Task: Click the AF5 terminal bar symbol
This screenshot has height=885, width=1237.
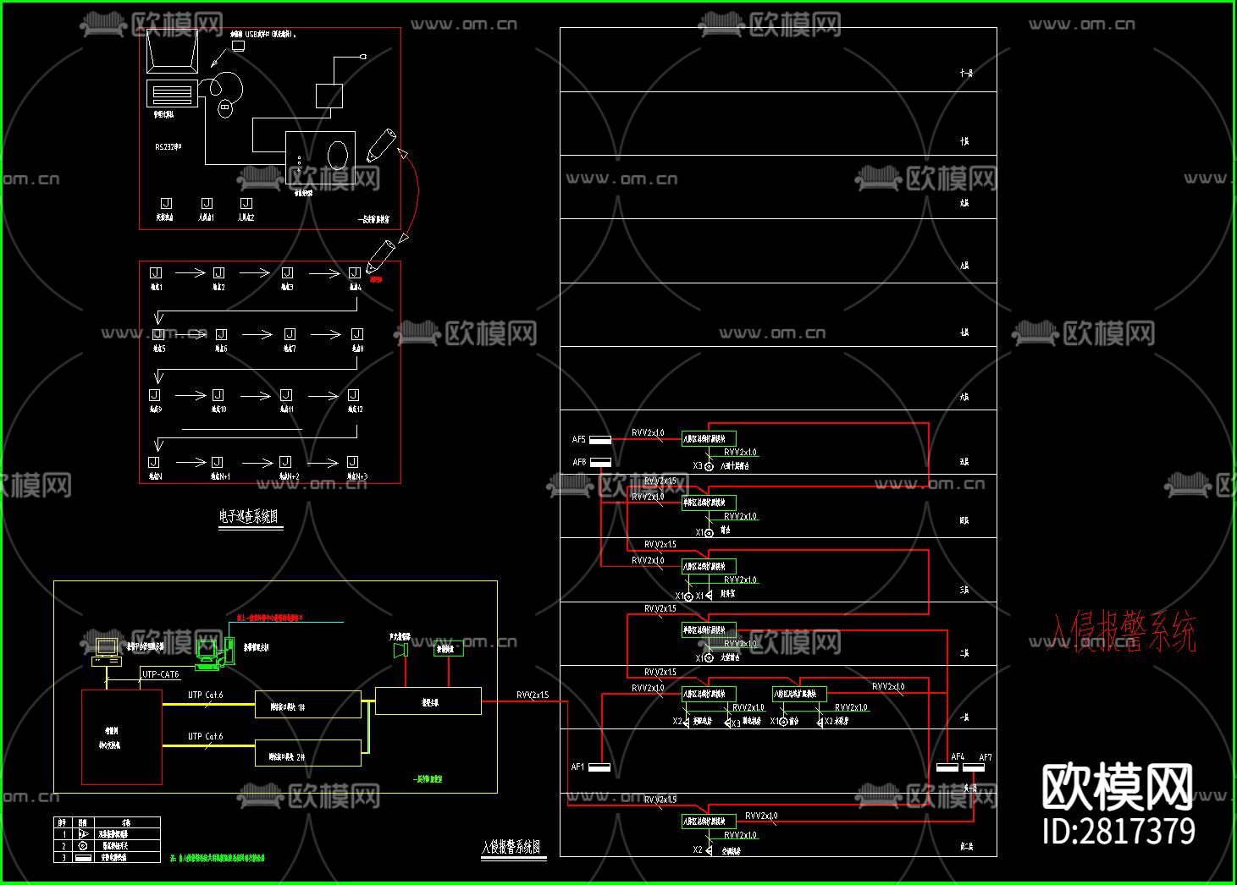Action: [x=599, y=440]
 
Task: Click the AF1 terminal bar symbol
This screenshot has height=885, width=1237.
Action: [x=599, y=768]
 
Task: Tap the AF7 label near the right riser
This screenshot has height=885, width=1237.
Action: [x=986, y=757]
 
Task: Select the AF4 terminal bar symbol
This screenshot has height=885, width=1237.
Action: [x=947, y=768]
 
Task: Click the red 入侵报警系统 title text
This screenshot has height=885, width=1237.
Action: [x=1123, y=632]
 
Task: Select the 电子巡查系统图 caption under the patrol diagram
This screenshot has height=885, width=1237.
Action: [x=248, y=516]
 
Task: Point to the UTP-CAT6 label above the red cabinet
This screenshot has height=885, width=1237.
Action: [x=160, y=674]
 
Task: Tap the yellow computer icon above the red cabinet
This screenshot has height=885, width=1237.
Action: [x=106, y=650]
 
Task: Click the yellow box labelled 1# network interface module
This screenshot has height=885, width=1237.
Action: [x=307, y=705]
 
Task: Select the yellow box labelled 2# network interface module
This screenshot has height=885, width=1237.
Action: [x=307, y=753]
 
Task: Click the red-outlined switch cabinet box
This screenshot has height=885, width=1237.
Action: [x=121, y=737]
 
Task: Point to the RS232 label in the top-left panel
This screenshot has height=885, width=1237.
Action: [x=168, y=147]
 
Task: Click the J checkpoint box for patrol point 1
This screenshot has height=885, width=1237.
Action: [x=155, y=272]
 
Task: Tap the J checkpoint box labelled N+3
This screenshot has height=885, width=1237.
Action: [x=353, y=462]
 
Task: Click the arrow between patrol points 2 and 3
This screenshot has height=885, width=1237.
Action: [x=254, y=272]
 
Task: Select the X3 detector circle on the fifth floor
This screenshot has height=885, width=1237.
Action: [x=709, y=466]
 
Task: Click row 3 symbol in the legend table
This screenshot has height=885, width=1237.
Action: [x=83, y=857]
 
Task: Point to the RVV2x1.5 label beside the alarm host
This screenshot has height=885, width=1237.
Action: [x=533, y=695]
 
